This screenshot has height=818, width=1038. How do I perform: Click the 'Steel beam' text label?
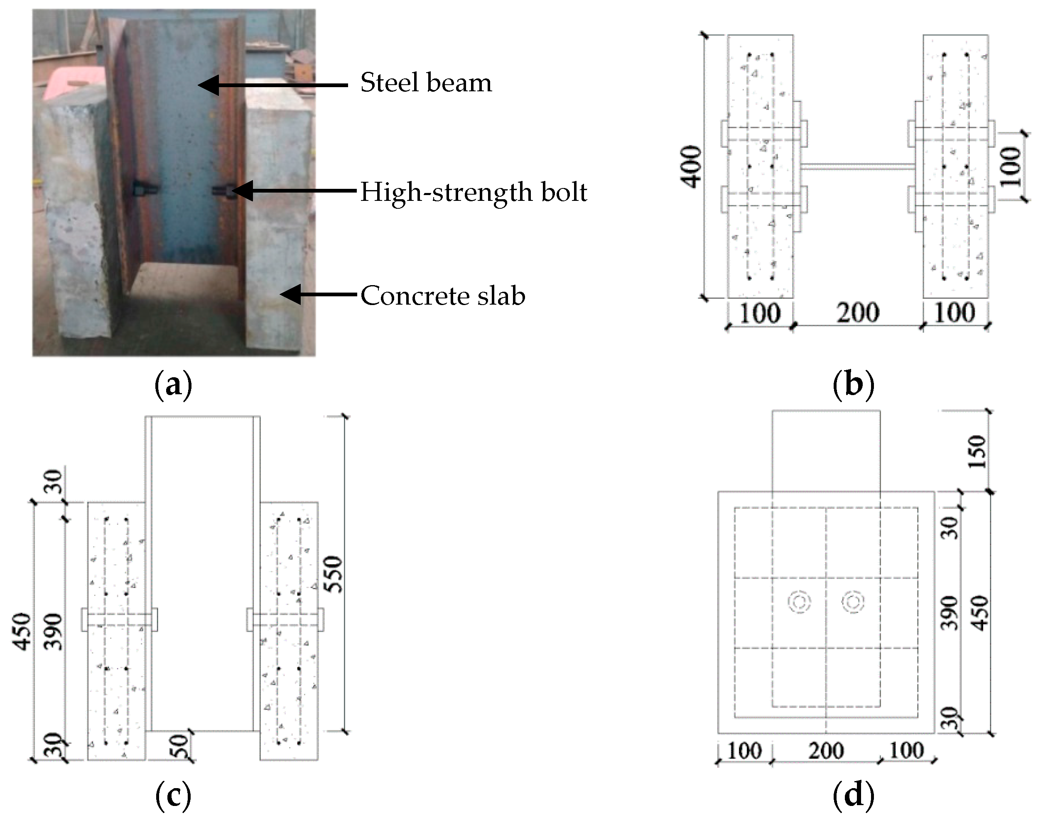click(426, 83)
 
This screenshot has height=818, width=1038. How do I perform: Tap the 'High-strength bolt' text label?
click(474, 192)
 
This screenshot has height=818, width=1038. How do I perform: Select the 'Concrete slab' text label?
click(442, 295)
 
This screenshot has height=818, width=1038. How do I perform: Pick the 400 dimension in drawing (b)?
click(691, 167)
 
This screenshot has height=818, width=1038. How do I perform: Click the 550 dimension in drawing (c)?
click(334, 574)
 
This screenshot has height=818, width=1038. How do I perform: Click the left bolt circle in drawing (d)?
click(799, 603)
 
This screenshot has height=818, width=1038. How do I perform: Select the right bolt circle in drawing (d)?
click(853, 603)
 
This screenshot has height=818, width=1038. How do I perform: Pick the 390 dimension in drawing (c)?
click(53, 631)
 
